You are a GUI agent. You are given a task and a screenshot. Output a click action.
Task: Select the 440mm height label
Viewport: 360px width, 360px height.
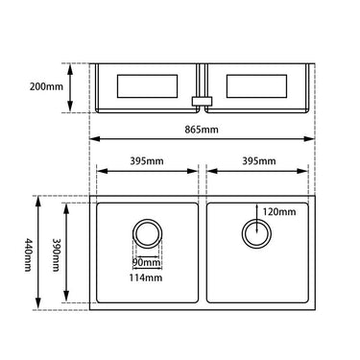click(32, 253)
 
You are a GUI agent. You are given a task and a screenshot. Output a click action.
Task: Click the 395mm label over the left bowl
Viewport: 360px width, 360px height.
click(146, 160)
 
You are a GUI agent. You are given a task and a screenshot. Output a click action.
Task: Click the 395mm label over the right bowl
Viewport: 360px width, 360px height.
click(259, 160)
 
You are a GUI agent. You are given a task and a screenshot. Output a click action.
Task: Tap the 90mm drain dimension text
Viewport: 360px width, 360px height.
click(147, 263)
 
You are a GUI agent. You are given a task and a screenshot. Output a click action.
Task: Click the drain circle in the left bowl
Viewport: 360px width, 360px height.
click(147, 232)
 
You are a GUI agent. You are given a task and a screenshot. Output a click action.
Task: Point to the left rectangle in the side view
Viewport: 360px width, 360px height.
click(147, 87)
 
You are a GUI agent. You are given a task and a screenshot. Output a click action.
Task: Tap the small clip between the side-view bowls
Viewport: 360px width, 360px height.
click(203, 100)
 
